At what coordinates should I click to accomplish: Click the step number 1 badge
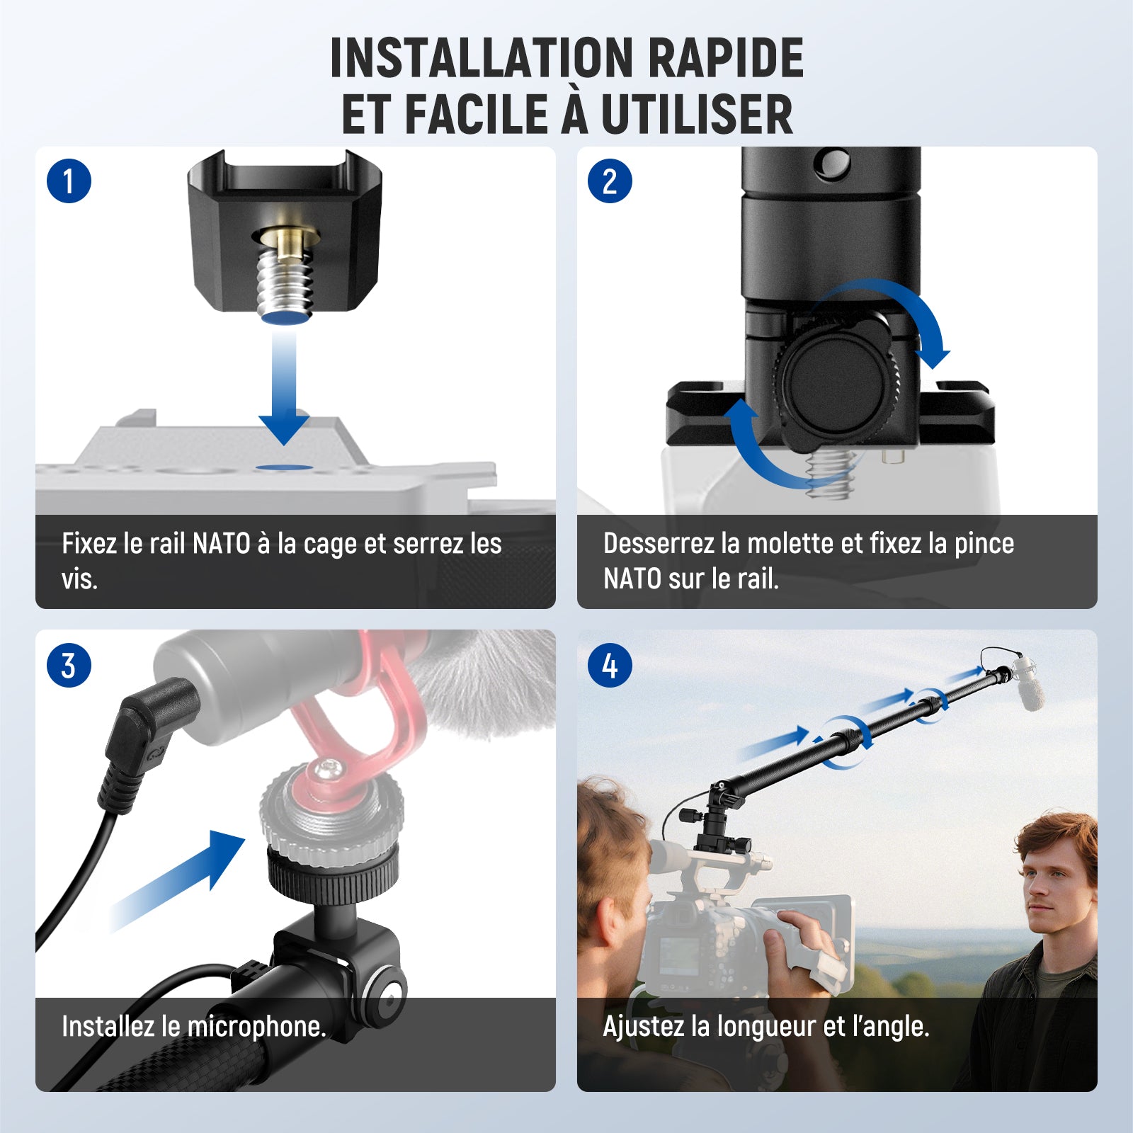point(69,181)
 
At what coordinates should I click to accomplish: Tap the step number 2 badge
point(610,181)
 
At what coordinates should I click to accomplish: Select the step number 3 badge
point(69,665)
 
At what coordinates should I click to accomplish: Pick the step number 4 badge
point(610,665)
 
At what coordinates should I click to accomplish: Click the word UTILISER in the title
point(697,114)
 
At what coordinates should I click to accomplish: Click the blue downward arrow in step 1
point(284,386)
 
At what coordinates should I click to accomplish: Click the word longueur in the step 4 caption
point(766,1026)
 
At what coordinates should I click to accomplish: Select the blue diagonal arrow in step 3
point(177,882)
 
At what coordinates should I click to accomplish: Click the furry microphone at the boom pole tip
point(1031,683)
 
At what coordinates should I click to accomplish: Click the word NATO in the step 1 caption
point(222,544)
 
